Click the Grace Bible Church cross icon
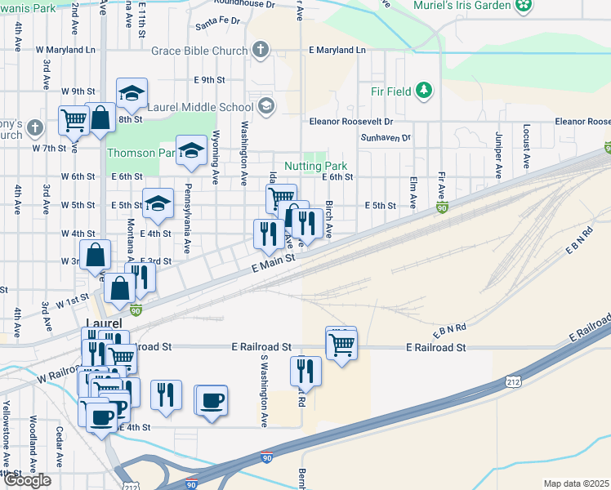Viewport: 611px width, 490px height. pos(261,51)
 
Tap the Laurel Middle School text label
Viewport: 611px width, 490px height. pos(200,107)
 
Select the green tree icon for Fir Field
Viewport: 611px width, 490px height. pos(424,90)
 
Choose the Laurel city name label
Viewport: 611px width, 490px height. pos(104,323)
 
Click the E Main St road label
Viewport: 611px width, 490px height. pos(267,263)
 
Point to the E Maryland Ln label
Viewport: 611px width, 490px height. pos(337,51)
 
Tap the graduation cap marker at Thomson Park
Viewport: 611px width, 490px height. pos(191,150)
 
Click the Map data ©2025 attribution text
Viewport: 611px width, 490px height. pos(576,483)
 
